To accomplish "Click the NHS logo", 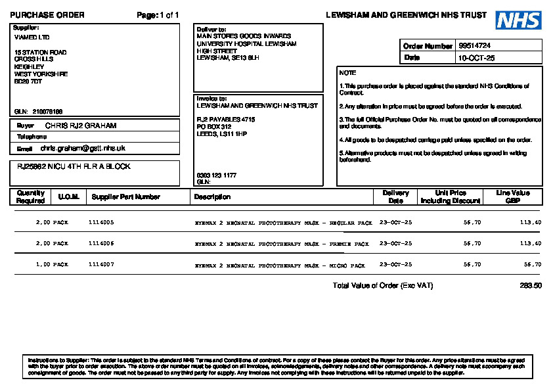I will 518,20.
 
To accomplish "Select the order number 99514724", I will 475,46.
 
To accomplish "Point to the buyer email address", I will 83,149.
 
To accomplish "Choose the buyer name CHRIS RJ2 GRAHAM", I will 81,125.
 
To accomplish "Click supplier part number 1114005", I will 101,223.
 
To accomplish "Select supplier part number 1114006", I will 101,244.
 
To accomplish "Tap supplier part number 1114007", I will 101,265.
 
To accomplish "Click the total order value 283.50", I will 531,286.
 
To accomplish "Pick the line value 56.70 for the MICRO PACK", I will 533,265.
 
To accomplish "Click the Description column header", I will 212,197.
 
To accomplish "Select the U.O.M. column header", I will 68,197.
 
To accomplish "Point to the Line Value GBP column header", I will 513,197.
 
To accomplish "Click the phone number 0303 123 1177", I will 217,175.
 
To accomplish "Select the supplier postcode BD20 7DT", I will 28,81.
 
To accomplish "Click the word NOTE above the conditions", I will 347,73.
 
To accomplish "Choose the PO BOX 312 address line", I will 214,126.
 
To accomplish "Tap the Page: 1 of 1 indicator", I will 158,15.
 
